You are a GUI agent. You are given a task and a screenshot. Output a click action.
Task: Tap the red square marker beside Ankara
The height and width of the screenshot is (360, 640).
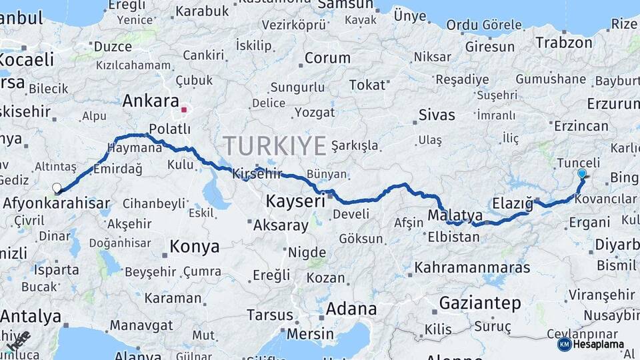[184, 109]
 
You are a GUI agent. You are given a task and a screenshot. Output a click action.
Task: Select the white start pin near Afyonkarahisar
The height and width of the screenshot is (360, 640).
[57, 189]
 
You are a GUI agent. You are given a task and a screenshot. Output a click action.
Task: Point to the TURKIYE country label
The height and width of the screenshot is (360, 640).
[275, 145]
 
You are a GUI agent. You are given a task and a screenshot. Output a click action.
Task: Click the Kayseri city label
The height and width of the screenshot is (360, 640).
[295, 200]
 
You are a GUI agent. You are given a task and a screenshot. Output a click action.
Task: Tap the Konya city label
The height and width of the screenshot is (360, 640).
[194, 247]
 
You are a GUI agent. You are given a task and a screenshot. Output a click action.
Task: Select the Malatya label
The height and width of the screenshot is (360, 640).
[455, 215]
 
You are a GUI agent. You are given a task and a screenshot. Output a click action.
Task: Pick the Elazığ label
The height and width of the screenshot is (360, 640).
[513, 203]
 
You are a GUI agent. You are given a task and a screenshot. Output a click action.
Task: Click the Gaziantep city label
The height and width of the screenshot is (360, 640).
[480, 303]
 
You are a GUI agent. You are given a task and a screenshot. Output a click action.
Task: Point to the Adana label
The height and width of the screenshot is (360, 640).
[351, 309]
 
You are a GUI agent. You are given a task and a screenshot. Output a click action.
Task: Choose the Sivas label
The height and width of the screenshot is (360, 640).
[437, 115]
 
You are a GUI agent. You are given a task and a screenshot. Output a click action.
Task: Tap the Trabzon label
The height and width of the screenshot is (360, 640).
[563, 43]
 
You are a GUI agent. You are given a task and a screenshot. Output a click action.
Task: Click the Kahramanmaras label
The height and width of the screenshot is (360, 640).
[472, 267]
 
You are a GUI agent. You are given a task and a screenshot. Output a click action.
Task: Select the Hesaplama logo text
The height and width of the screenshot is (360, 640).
[600, 344]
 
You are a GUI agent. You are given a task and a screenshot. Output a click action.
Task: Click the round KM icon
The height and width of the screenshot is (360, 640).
[564, 344]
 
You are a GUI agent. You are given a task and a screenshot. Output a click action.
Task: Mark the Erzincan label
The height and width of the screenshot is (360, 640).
[581, 126]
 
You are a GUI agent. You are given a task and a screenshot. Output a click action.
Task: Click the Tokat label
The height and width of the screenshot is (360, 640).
[367, 85]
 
